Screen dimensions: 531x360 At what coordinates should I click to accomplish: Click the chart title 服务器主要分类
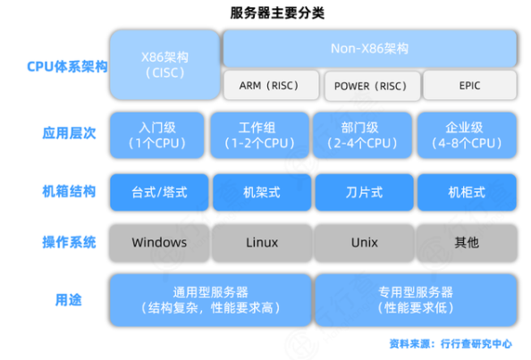(277, 13)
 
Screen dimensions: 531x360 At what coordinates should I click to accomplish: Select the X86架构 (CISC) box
(164, 64)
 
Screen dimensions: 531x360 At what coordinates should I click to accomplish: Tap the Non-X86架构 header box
(369, 48)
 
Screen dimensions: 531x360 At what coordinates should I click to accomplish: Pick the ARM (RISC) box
(271, 85)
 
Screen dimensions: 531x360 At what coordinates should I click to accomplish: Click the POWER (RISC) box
(372, 86)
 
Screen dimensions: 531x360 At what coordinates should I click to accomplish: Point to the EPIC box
(469, 85)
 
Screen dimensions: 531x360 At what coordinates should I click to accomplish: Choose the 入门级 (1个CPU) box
(157, 136)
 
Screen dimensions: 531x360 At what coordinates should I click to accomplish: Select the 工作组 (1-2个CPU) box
(259, 136)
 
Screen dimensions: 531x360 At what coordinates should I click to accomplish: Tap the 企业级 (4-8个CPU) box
(467, 136)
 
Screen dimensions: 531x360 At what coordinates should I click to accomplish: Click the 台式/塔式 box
(159, 192)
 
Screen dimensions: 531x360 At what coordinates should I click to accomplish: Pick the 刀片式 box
(364, 192)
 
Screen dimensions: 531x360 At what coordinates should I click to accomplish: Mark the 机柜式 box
(467, 192)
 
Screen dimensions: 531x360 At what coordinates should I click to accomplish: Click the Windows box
(159, 243)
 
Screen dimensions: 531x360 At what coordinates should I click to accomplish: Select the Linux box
(262, 243)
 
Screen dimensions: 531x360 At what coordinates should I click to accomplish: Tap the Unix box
(365, 243)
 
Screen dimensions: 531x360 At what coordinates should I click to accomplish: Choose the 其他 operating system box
(467, 243)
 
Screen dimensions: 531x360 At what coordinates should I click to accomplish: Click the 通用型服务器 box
(211, 300)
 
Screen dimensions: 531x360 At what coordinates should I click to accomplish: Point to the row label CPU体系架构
(67, 66)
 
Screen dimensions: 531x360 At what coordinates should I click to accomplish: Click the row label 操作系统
(69, 242)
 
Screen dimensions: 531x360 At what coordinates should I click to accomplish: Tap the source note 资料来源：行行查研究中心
(451, 344)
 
